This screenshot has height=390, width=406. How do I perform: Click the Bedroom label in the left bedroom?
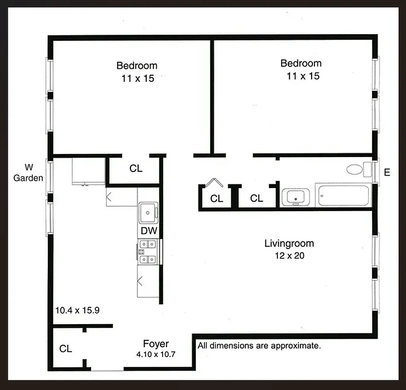click(x=137, y=65)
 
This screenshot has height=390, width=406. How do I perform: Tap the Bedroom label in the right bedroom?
click(x=301, y=63)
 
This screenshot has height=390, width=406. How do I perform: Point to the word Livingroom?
click(x=289, y=243)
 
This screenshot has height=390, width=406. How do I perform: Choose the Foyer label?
click(x=156, y=344)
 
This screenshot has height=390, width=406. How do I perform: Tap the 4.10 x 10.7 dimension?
click(x=156, y=355)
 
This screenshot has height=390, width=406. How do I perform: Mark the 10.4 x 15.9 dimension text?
click(x=77, y=310)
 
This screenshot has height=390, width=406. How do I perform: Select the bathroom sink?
click(x=295, y=197)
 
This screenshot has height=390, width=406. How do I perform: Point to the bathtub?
click(x=343, y=196)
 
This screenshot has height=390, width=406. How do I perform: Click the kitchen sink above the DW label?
click(x=148, y=212)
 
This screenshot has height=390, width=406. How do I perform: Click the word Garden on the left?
click(x=28, y=178)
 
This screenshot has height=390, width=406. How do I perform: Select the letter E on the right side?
click(x=387, y=173)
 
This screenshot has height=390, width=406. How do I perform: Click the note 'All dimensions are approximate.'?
click(x=259, y=346)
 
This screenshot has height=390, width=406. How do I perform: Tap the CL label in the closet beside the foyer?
click(x=66, y=349)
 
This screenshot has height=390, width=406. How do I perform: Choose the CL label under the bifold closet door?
click(x=217, y=198)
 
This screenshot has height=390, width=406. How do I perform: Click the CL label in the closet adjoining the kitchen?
click(x=136, y=169)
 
